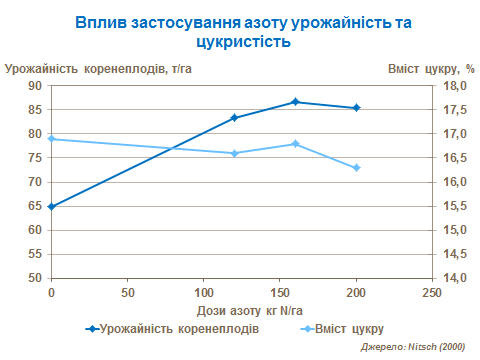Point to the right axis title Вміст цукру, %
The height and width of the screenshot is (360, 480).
pyautogui.click(x=430, y=69)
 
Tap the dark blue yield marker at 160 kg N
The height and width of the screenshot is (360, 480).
pyautogui.click(x=295, y=102)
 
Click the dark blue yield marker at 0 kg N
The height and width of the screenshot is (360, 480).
pyautogui.click(x=51, y=206)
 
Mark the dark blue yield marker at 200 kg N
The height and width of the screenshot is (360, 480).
pyautogui.click(x=356, y=108)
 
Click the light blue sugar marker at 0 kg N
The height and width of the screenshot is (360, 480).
pyautogui.click(x=51, y=139)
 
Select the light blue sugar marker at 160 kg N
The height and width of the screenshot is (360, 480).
pyautogui.click(x=295, y=144)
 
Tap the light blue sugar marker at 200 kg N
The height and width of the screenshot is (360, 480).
pyautogui.click(x=356, y=168)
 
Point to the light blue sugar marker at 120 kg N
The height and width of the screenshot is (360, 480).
pyautogui.click(x=234, y=153)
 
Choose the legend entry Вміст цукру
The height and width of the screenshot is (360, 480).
pyautogui.click(x=350, y=327)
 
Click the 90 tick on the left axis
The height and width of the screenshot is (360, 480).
pyautogui.click(x=35, y=86)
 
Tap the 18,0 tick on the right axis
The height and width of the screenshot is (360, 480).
pyautogui.click(x=455, y=86)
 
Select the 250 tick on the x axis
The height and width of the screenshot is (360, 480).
pyautogui.click(x=431, y=292)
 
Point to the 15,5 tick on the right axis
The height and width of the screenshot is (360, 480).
pyautogui.click(x=455, y=206)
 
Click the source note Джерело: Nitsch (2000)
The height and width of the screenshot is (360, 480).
pyautogui.click(x=413, y=346)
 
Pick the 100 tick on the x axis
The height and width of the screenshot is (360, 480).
pyautogui.click(x=203, y=292)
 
